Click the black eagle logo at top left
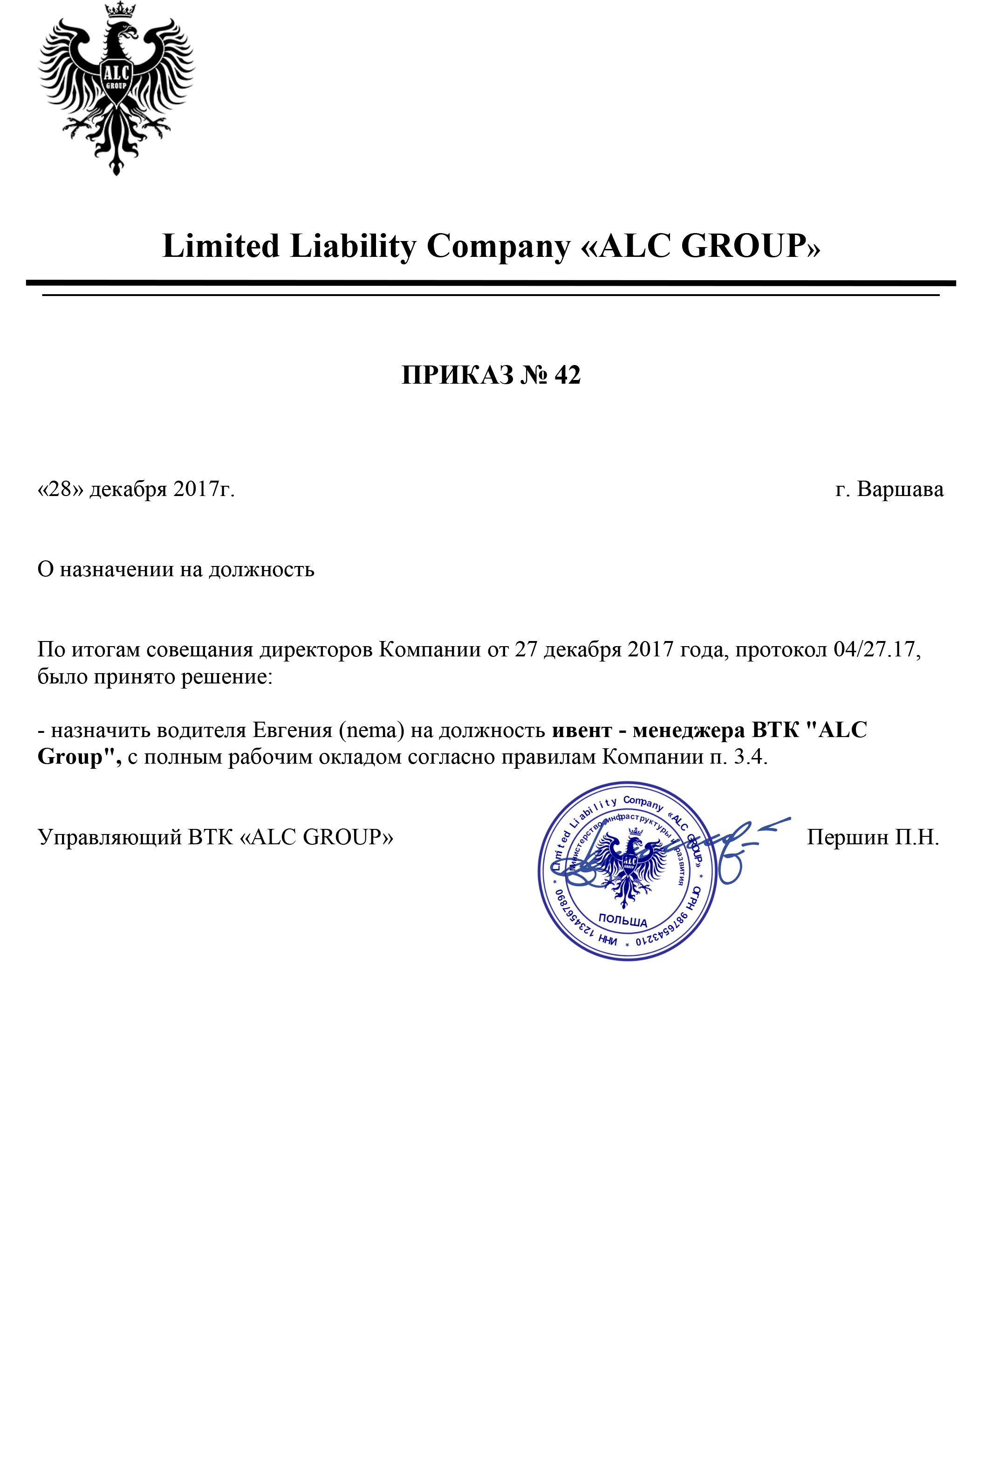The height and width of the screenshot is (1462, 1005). [116, 95]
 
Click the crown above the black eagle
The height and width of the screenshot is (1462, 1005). [116, 10]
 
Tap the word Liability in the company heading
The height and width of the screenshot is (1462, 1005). [353, 246]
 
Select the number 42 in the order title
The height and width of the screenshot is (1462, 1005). [567, 375]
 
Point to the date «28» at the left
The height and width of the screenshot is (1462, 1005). [61, 490]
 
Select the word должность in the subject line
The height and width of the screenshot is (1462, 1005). [261, 569]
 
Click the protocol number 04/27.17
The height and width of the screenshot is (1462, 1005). [876, 649]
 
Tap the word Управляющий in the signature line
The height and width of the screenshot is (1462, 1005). [109, 837]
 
